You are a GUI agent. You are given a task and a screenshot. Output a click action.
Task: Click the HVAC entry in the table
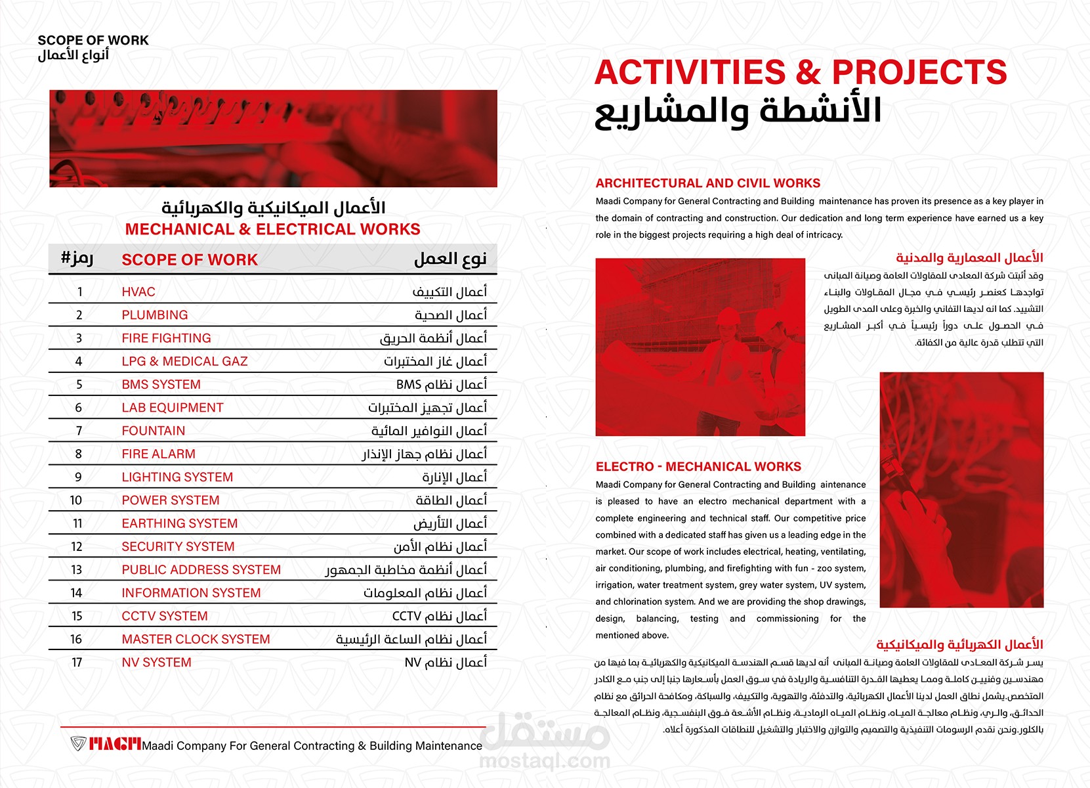tap(138, 292)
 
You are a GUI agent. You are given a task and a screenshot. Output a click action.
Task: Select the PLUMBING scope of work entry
tap(155, 315)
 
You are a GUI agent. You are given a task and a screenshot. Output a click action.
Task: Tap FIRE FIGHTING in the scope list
tap(166, 338)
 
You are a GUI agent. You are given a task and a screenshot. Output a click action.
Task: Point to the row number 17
tap(77, 663)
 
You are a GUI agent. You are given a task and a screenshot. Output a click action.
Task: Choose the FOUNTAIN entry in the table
tap(154, 431)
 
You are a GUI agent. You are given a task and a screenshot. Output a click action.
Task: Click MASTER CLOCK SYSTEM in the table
tap(196, 640)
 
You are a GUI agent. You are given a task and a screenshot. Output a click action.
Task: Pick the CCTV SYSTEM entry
tap(165, 616)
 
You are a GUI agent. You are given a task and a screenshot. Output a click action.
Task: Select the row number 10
tap(76, 500)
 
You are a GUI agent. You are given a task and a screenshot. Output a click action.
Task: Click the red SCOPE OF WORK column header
tap(190, 260)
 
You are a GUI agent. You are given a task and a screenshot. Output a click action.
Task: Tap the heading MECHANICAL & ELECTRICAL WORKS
tap(272, 229)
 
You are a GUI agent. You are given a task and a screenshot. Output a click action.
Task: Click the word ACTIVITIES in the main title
tap(690, 72)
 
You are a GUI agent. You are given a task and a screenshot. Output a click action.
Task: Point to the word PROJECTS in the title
tap(919, 72)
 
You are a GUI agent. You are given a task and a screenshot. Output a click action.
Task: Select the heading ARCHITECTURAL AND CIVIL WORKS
tap(708, 183)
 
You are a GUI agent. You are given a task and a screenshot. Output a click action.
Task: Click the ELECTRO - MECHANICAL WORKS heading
tap(698, 467)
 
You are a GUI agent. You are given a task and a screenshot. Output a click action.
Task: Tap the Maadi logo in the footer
tap(106, 744)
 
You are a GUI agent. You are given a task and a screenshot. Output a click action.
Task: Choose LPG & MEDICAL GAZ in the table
tap(184, 361)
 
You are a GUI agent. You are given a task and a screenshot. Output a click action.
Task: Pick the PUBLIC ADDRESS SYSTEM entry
tap(201, 570)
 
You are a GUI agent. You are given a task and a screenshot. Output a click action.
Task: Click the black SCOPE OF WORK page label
tap(93, 40)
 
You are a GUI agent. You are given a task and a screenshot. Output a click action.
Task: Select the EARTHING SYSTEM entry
tap(179, 523)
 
